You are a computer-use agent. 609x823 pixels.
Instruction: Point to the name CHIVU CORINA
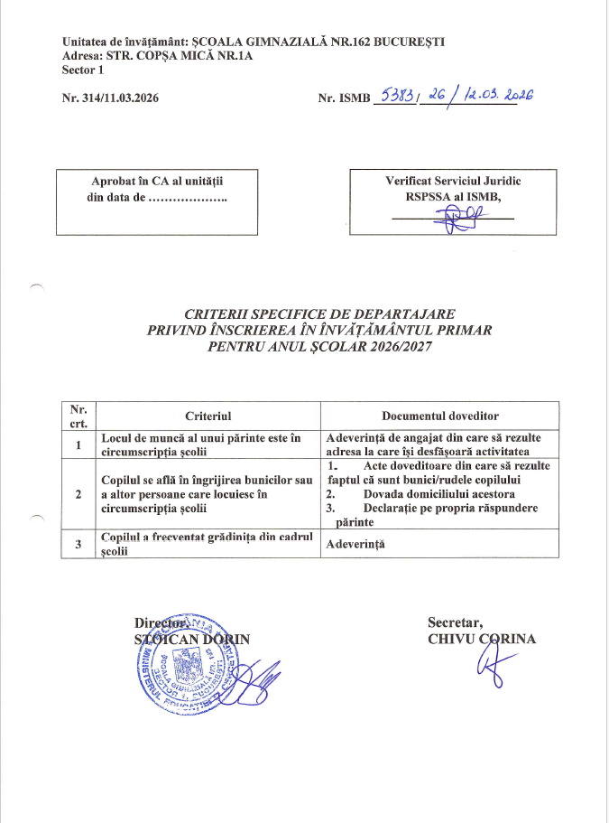tap(482, 640)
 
